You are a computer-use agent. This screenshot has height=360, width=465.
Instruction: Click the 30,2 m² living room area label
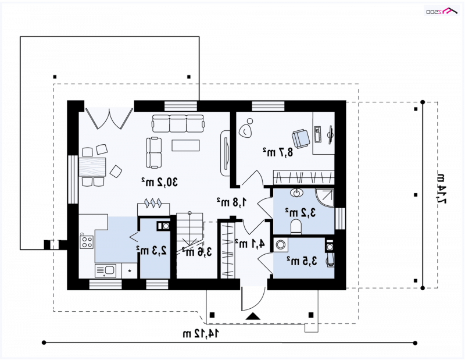[x=159, y=181]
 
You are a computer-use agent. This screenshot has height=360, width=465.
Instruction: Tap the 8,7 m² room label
[x=278, y=152]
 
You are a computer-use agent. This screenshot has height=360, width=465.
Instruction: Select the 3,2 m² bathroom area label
[x=301, y=212]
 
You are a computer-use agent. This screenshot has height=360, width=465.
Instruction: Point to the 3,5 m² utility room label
[x=302, y=261]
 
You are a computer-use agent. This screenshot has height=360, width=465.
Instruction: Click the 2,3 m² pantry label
[x=151, y=251]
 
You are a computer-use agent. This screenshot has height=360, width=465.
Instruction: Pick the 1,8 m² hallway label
[x=231, y=202]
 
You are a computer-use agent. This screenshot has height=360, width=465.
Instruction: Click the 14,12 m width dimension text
[x=201, y=333]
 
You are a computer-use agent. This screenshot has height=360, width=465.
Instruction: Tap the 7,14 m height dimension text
[x=441, y=189]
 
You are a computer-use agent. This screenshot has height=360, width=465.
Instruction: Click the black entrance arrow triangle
[x=253, y=316]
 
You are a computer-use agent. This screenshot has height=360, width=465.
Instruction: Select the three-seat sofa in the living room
[x=178, y=123]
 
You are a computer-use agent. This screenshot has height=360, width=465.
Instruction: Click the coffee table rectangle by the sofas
[x=185, y=145]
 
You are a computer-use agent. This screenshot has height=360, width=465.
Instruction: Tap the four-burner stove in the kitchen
[x=87, y=241]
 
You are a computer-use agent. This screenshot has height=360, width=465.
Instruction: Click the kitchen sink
[x=105, y=270]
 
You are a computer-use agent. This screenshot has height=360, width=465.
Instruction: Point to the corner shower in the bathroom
[x=324, y=198]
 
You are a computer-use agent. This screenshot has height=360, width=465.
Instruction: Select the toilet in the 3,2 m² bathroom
[x=296, y=226]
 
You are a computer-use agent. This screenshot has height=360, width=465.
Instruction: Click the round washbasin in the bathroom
[x=296, y=193]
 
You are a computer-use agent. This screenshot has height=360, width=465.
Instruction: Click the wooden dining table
[x=92, y=167]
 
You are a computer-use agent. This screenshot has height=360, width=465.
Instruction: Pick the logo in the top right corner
[x=442, y=11]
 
